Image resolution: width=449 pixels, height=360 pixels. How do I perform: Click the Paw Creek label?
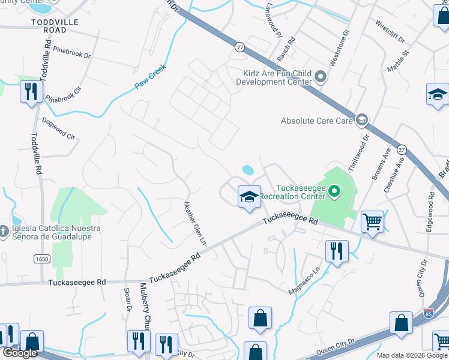149,82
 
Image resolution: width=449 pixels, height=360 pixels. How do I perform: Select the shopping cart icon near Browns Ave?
372,222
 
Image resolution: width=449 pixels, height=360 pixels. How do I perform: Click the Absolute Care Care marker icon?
361,121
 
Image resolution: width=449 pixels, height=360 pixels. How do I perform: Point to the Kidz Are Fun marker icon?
320,77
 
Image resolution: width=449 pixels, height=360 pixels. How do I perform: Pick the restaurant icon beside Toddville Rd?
31,92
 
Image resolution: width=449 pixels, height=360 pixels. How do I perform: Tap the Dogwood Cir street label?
59,128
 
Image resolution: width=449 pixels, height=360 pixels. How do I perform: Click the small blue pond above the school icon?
247,170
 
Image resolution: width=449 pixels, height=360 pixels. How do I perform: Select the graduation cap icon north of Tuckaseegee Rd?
249,196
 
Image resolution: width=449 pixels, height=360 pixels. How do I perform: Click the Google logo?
20,353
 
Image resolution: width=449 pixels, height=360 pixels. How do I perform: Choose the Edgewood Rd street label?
430,208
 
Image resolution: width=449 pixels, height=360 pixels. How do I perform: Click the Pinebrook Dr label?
71,52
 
